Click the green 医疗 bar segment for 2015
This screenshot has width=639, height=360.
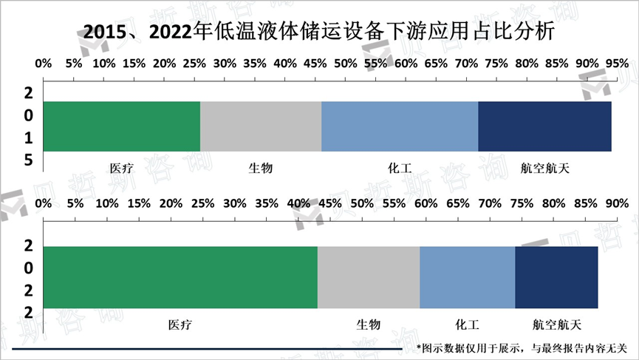point(122,126)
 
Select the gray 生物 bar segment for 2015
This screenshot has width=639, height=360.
point(261,126)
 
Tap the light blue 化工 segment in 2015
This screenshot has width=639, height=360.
point(400,126)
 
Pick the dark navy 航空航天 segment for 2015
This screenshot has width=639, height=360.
point(544,126)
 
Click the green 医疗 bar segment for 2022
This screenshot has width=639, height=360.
point(180,276)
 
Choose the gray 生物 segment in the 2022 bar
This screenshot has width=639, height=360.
point(369,276)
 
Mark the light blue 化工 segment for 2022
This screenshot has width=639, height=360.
point(467,276)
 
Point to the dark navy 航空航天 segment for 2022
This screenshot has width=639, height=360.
point(556,276)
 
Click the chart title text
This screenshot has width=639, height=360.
point(319,33)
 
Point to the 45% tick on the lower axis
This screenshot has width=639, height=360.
point(329,203)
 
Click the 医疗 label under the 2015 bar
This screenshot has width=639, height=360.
point(121,168)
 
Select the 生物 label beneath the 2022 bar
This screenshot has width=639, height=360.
point(368,324)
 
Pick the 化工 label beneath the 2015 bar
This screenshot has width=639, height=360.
point(400,168)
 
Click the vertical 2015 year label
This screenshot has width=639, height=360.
point(28,126)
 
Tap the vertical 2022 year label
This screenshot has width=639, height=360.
point(28,277)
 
